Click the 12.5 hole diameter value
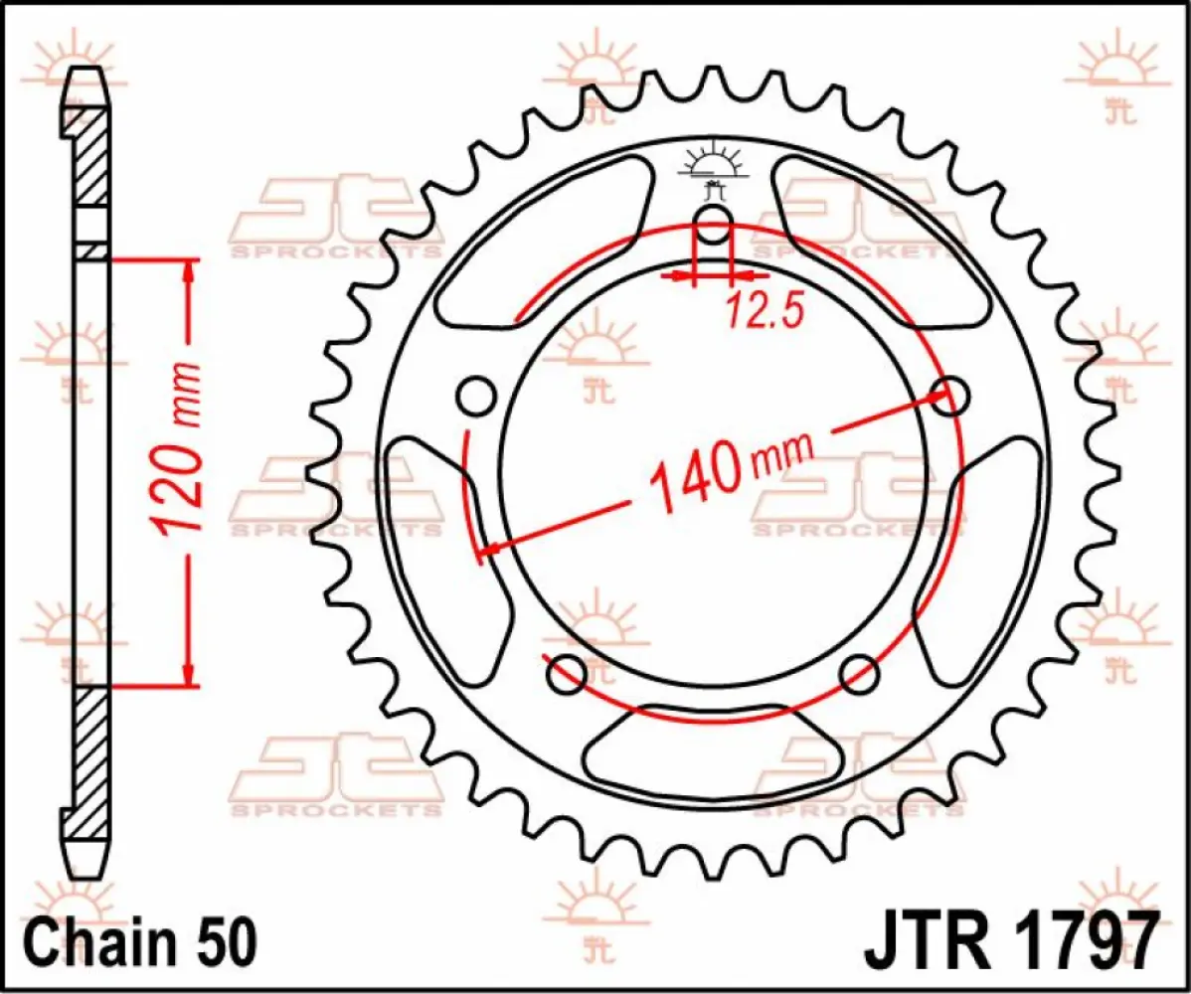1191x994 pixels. click(764, 311)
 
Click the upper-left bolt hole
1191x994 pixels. click(476, 397)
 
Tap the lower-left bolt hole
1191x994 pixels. click(567, 675)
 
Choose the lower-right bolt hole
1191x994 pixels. click(858, 675)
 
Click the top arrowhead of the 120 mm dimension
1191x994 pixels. click(186, 272)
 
